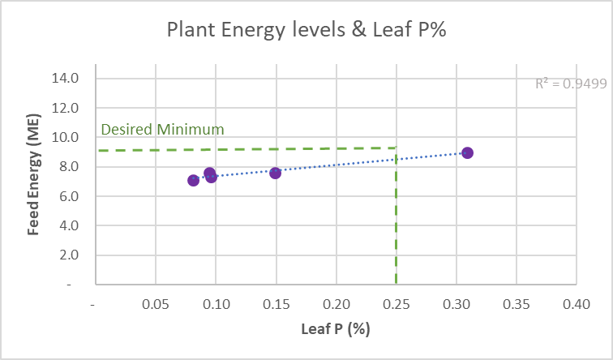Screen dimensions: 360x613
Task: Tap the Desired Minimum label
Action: tap(161, 130)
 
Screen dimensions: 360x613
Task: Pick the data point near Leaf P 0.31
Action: tap(467, 152)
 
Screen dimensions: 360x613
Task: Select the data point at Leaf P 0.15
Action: tap(275, 173)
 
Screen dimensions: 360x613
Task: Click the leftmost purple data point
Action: tap(193, 180)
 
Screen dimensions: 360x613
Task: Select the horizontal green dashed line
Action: tap(243, 149)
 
